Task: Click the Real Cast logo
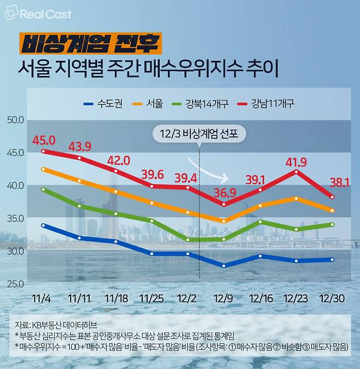pyautogui.click(x=38, y=14)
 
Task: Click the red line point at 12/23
pyautogui.click(x=297, y=172)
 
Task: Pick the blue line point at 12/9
pyautogui.click(x=224, y=266)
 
